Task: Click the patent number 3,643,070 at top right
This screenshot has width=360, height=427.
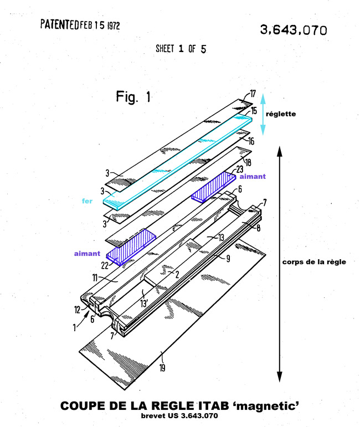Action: [294, 30]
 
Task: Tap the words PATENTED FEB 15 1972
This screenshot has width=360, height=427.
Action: [80, 25]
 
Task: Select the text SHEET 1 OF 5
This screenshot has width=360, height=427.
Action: [181, 49]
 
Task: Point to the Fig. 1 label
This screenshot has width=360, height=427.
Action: [133, 96]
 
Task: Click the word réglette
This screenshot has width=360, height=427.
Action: [281, 114]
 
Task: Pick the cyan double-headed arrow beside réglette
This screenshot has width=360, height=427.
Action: [263, 115]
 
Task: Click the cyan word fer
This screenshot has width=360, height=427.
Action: [87, 201]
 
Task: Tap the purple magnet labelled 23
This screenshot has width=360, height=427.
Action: [213, 187]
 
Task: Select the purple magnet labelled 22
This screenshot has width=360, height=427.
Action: [131, 247]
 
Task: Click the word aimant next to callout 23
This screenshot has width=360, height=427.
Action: [253, 177]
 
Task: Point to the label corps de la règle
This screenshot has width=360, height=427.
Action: [314, 262]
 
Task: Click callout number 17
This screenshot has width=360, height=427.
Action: [253, 94]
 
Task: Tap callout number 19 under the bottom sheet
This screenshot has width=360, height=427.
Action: [162, 368]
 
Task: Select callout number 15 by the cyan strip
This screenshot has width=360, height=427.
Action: [254, 111]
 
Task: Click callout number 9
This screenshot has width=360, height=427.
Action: [228, 259]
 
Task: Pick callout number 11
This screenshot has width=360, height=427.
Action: [95, 278]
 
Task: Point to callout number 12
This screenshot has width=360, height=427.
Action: [78, 310]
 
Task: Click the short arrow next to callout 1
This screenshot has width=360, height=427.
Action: [83, 318]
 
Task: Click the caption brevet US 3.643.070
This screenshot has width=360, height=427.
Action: [179, 416]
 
